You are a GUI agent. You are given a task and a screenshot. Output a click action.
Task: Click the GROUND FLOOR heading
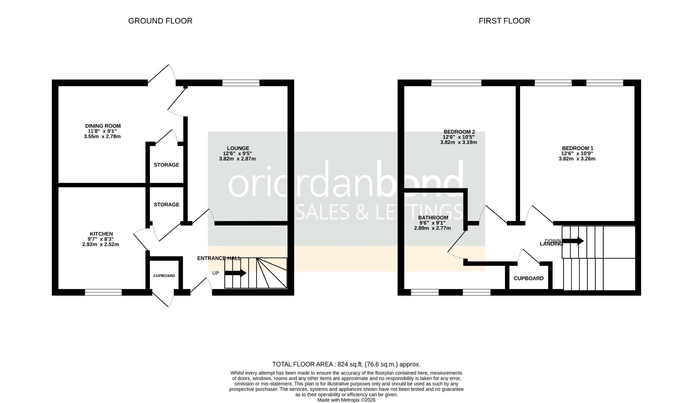click(160, 21)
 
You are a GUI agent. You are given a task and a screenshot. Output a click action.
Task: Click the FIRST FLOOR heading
click(504, 21)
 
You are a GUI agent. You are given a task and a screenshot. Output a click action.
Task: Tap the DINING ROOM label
click(103, 126)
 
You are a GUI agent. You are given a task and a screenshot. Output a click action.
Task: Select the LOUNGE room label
click(238, 148)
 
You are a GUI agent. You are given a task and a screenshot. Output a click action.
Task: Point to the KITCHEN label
click(101, 234)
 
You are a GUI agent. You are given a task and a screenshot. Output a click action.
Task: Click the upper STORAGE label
click(166, 165)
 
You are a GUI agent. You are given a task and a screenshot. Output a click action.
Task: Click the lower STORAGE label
click(166, 204)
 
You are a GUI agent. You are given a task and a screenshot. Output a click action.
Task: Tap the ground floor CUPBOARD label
click(164, 276)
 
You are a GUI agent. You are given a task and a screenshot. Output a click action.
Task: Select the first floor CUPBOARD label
click(529, 278)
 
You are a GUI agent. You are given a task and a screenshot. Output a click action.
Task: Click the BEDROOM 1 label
click(577, 148)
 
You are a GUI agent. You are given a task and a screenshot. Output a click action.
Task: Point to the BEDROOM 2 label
click(459, 132)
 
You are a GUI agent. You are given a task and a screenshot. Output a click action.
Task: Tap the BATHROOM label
click(433, 218)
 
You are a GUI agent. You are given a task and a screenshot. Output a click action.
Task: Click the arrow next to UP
click(235, 273)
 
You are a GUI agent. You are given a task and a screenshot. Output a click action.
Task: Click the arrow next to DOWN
click(573, 241)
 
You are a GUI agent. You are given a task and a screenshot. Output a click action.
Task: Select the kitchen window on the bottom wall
click(103, 292)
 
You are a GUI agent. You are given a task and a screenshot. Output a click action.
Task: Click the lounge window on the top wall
click(241, 83)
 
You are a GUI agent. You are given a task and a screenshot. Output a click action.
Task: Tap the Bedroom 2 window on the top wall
click(456, 83)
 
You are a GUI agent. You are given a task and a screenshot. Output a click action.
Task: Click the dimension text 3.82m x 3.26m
click(577, 159)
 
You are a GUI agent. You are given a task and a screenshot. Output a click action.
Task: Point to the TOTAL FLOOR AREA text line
click(346, 364)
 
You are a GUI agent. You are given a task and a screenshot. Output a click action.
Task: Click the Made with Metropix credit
click(346, 400)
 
